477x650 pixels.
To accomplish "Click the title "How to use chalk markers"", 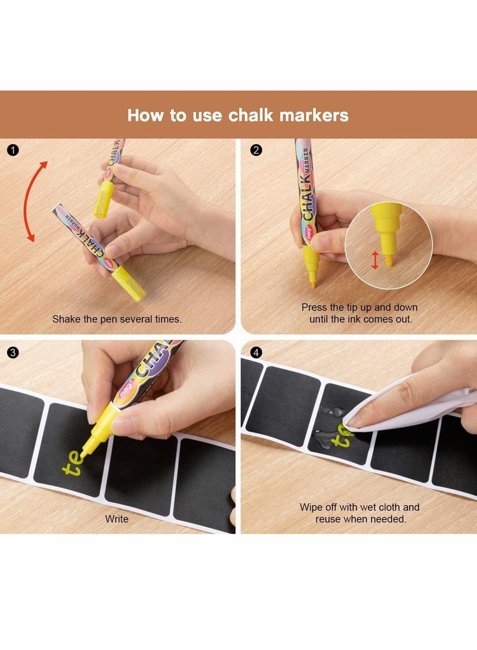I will (238, 114).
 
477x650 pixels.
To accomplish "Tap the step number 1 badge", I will (13, 150).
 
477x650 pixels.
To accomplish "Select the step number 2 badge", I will (256, 150).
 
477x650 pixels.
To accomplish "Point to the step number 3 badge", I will (13, 352).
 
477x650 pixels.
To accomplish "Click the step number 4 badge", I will (256, 352).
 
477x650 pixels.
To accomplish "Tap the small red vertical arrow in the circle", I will (375, 260).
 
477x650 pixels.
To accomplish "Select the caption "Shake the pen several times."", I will (117, 319).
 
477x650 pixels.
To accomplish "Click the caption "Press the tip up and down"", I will (359, 307).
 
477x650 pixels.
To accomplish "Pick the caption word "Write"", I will (117, 519).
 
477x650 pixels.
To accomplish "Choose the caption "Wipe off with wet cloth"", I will (359, 507).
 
